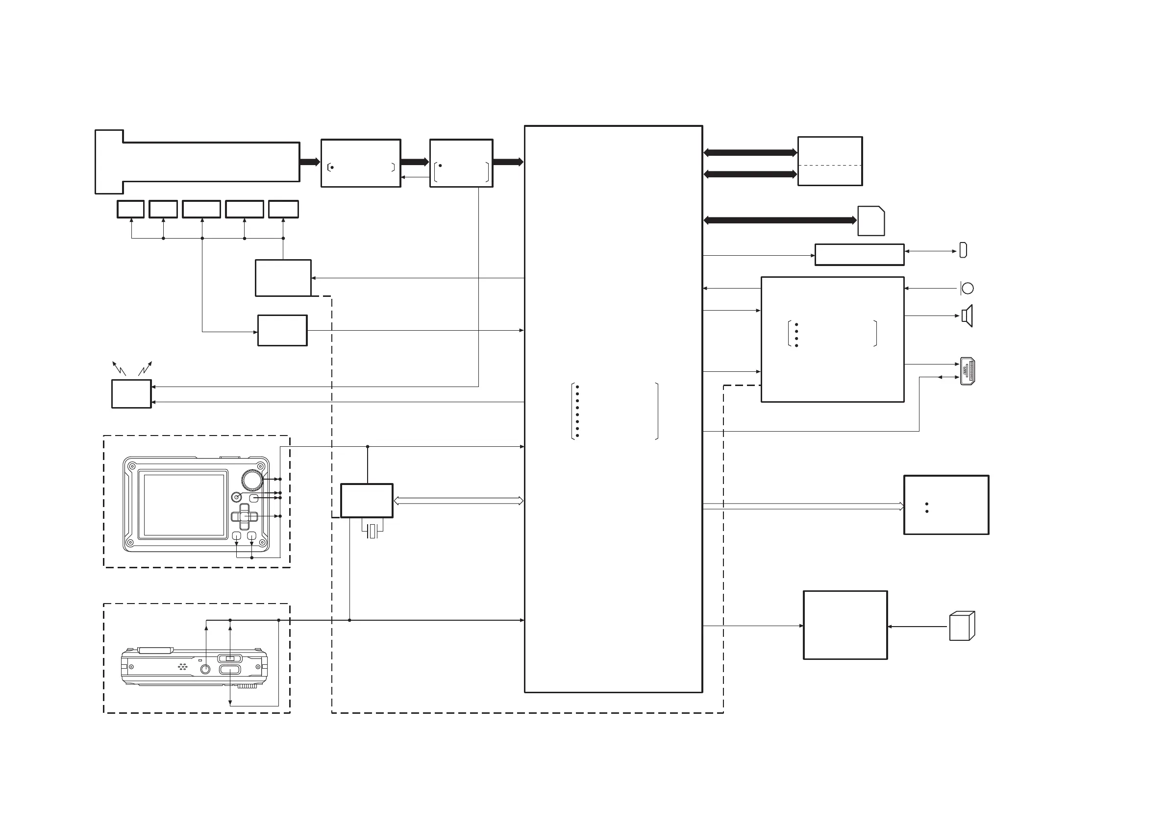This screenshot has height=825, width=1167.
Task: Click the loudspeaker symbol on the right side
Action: [967, 316]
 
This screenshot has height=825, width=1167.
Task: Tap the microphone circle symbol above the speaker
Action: [968, 289]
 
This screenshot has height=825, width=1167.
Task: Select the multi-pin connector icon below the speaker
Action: [968, 371]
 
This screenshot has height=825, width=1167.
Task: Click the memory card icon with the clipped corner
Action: [871, 221]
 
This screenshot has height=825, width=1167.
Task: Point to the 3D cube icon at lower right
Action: [962, 626]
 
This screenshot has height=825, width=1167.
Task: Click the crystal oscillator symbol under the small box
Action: [372, 531]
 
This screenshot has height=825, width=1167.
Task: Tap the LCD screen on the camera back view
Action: [184, 505]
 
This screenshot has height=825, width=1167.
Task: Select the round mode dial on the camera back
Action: [251, 480]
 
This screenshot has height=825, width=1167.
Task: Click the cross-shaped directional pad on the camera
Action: [245, 517]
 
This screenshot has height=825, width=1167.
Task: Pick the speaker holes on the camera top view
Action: [182, 666]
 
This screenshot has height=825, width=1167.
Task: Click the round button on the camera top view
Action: [205, 669]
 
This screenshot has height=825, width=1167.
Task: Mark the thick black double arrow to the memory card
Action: [780, 220]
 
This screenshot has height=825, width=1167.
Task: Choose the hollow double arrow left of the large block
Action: [458, 501]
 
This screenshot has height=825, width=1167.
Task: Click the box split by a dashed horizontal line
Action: [830, 161]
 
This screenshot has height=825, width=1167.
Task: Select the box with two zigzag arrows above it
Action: [131, 394]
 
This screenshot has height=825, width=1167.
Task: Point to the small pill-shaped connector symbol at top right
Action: [963, 250]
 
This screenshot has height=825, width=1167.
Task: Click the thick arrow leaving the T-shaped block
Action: [310, 162]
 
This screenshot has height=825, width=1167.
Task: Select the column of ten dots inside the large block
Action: [577, 411]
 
